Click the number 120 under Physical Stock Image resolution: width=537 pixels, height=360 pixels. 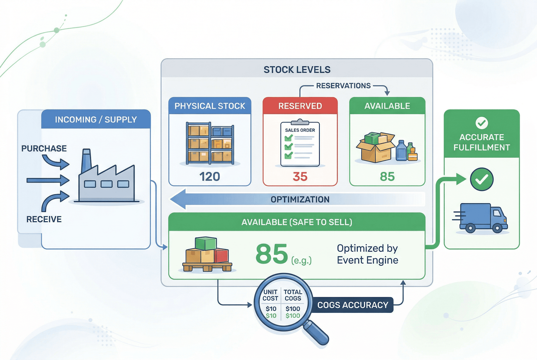(209, 177)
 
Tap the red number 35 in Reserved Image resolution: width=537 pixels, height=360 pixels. (300, 177)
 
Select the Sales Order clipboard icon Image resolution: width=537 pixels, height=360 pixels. (300, 144)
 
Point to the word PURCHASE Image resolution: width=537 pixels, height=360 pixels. (44, 148)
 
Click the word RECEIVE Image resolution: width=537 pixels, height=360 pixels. (44, 219)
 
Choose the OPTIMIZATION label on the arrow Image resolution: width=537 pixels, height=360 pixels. (300, 200)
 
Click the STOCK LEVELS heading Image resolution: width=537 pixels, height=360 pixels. (297, 70)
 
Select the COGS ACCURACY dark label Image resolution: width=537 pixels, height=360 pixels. (353, 305)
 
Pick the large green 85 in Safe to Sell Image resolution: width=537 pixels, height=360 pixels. (272, 254)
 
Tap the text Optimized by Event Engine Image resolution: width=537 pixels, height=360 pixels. (368, 254)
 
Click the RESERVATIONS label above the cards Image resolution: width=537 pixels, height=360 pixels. (343, 86)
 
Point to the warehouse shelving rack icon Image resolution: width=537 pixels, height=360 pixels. (210, 143)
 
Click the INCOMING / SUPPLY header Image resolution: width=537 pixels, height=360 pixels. (96, 120)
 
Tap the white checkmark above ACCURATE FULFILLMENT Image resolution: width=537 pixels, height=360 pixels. (482, 123)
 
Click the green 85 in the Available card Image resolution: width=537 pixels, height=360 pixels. (387, 177)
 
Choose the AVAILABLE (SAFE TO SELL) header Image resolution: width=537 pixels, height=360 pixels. (297, 222)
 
